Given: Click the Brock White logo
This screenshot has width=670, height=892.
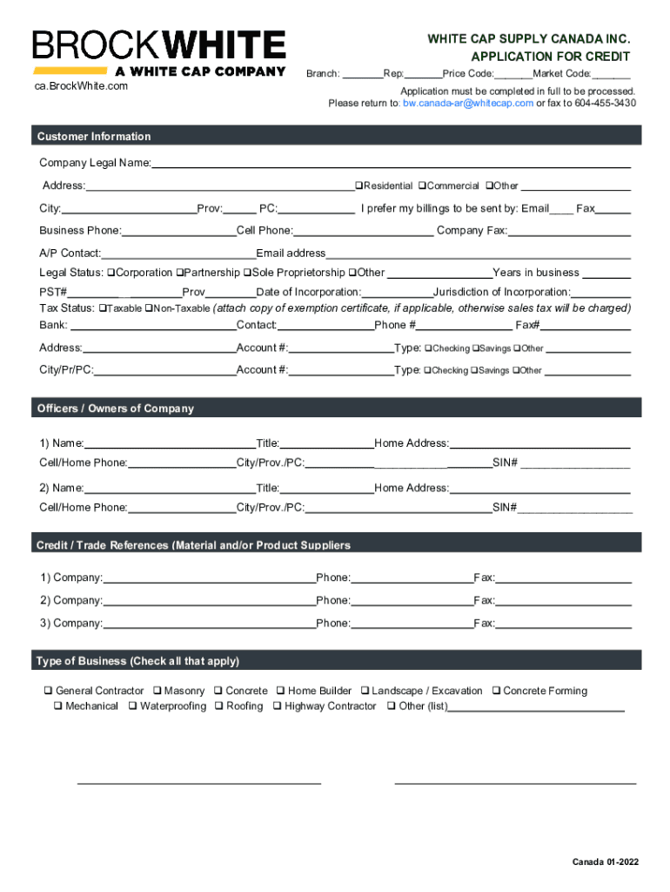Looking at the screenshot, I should click(159, 52).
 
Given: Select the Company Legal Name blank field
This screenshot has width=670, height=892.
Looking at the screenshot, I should click(392, 162).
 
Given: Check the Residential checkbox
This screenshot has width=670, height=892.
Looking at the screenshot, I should click(358, 186).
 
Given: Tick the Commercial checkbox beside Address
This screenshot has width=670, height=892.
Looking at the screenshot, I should click(422, 186).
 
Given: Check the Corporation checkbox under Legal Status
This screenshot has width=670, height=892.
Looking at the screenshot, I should click(111, 273).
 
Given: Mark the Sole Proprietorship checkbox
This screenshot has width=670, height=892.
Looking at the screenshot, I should click(247, 273).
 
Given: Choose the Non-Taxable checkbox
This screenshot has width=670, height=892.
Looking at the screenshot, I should click(148, 308).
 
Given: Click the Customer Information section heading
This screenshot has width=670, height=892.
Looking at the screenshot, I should click(94, 136).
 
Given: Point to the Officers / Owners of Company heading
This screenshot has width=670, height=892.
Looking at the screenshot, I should click(115, 409).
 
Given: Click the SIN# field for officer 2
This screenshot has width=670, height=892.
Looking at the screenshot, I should click(575, 507).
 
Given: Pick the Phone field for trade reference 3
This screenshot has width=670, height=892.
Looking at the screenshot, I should click(412, 623).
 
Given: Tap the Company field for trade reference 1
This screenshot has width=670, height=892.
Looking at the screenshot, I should click(209, 578).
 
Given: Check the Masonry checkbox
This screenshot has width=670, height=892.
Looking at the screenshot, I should click(157, 691).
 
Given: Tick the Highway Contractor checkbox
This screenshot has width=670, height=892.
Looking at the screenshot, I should click(277, 706).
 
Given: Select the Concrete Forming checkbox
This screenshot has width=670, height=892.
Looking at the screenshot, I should click(496, 691).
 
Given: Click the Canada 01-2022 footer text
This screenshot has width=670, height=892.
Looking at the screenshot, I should click(605, 862).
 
